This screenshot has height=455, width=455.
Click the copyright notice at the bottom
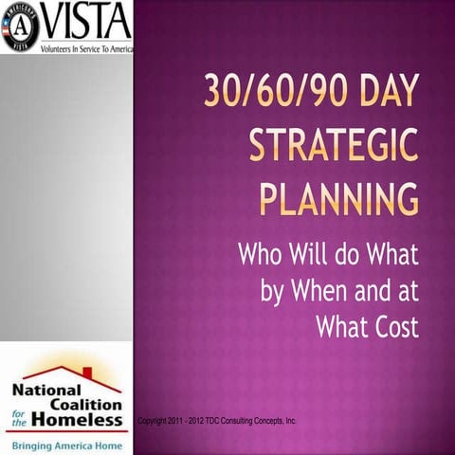point(217,418)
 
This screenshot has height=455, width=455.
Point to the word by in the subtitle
point(274,292)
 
